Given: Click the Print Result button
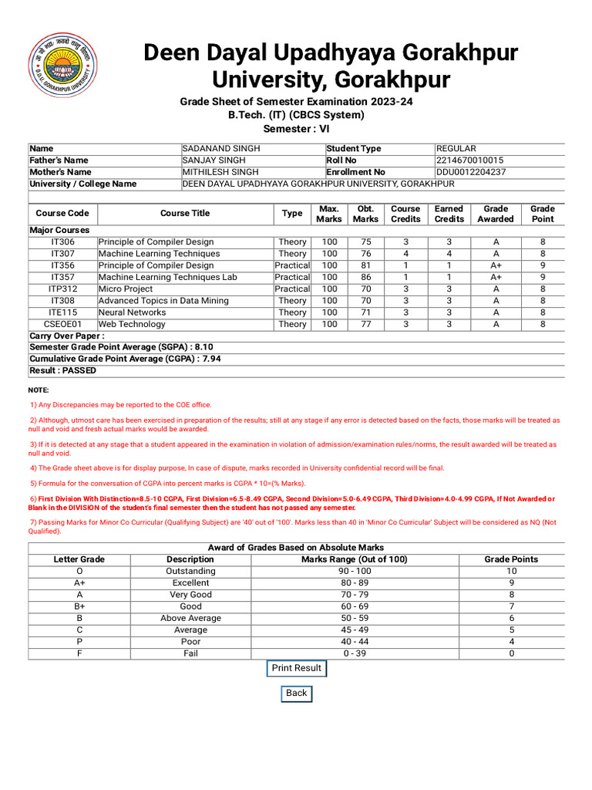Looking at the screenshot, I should (x=297, y=668).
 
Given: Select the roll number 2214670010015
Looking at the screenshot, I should (x=470, y=160).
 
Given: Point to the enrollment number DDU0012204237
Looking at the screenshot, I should (x=471, y=172).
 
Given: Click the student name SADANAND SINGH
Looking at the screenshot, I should (x=221, y=149).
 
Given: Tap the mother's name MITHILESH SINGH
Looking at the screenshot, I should (x=220, y=172).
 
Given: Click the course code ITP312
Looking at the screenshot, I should (x=62, y=289).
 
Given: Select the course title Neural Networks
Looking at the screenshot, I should (x=132, y=312).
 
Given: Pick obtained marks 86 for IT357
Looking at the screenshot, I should (x=365, y=277).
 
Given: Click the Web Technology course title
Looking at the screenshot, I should (x=132, y=325).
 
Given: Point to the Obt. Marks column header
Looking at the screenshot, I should (x=365, y=214).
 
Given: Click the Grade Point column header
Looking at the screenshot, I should (x=543, y=214).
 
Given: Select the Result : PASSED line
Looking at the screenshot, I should (x=63, y=370).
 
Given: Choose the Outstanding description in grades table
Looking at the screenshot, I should (x=190, y=571).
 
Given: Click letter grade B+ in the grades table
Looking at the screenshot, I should (x=79, y=606).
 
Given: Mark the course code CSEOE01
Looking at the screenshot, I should (x=62, y=325).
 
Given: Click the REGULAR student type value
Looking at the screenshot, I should (x=456, y=149).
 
